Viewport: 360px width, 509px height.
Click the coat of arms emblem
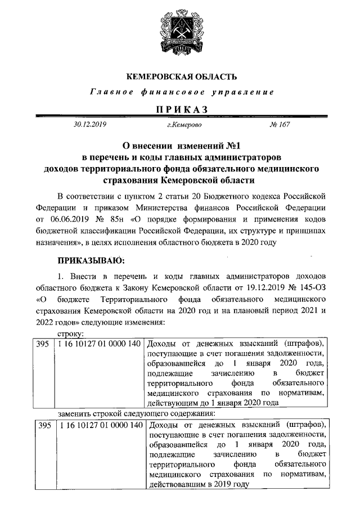point(180,34)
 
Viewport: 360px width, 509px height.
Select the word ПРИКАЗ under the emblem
point(180,108)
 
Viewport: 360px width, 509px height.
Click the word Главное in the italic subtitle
point(105,92)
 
